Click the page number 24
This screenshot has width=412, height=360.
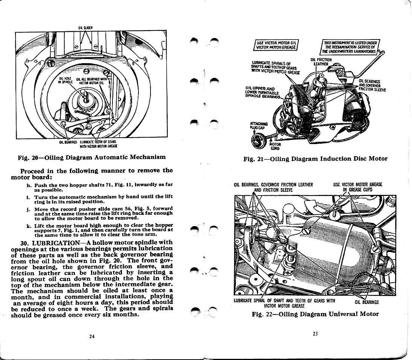pos(92,336)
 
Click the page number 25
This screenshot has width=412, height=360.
pos(315,333)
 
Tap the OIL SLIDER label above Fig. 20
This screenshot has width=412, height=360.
pos(83,27)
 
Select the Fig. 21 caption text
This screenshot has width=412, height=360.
pos(315,159)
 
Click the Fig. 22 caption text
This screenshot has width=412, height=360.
pos(315,314)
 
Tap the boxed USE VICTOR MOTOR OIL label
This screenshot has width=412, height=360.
pos(277,44)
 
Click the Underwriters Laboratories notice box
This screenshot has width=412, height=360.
pos(350,46)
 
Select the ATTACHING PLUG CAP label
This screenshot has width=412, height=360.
pos(258,125)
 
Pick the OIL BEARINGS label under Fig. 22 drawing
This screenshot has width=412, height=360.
pos(366,302)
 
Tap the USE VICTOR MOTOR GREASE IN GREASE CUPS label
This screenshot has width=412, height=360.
pos(357,187)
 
